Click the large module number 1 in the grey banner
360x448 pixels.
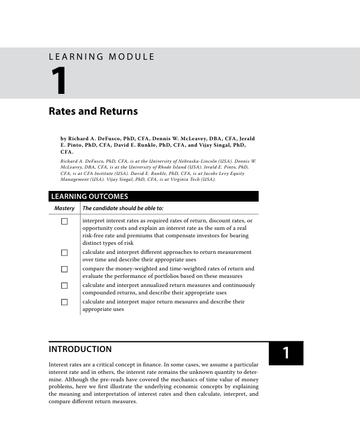(59, 81)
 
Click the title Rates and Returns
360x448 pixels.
(93, 111)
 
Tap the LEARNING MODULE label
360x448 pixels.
(101, 57)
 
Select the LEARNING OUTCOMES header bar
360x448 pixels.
(154, 197)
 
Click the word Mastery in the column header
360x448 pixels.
(64, 208)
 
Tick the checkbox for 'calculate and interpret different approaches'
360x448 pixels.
(65, 252)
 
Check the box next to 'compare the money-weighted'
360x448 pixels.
(65, 269)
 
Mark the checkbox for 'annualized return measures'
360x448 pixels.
(65, 285)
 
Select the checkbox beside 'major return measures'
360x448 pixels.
(65, 302)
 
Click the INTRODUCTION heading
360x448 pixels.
(81, 349)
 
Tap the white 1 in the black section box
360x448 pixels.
(286, 353)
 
